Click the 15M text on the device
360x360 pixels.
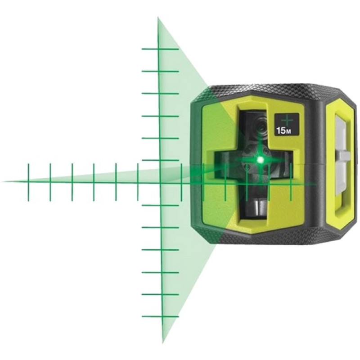coord(284,131)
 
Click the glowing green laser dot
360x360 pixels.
coord(260,159)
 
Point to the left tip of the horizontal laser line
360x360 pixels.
coord(2,182)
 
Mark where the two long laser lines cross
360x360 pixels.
coord(160,183)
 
